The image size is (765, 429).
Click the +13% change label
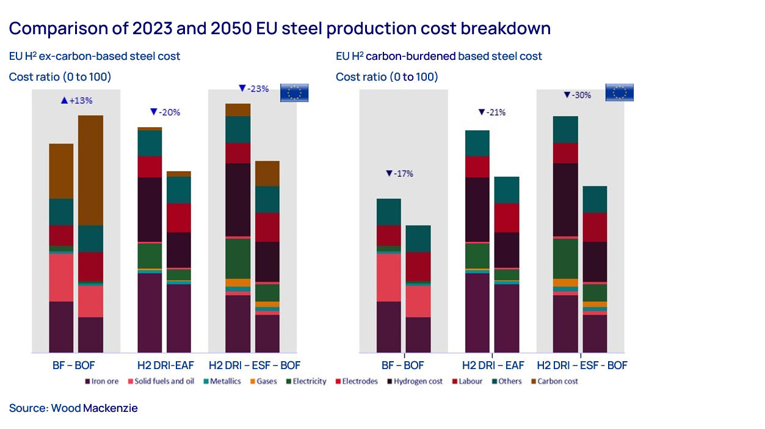point(76,100)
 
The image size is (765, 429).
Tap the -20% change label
point(165,112)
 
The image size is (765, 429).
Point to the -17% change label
point(399,174)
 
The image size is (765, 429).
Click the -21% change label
point(491,112)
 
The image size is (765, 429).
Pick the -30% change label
point(577,95)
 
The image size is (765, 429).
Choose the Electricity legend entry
point(306,381)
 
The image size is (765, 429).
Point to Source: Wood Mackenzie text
point(73,408)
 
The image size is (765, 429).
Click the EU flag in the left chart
point(294,93)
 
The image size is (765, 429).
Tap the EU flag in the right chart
point(619,93)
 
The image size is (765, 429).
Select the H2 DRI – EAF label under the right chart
point(493,366)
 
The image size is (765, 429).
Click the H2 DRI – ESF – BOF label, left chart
point(255,366)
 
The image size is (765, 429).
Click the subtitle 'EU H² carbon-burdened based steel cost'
point(439,56)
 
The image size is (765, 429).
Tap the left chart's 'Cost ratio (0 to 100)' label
point(60,77)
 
